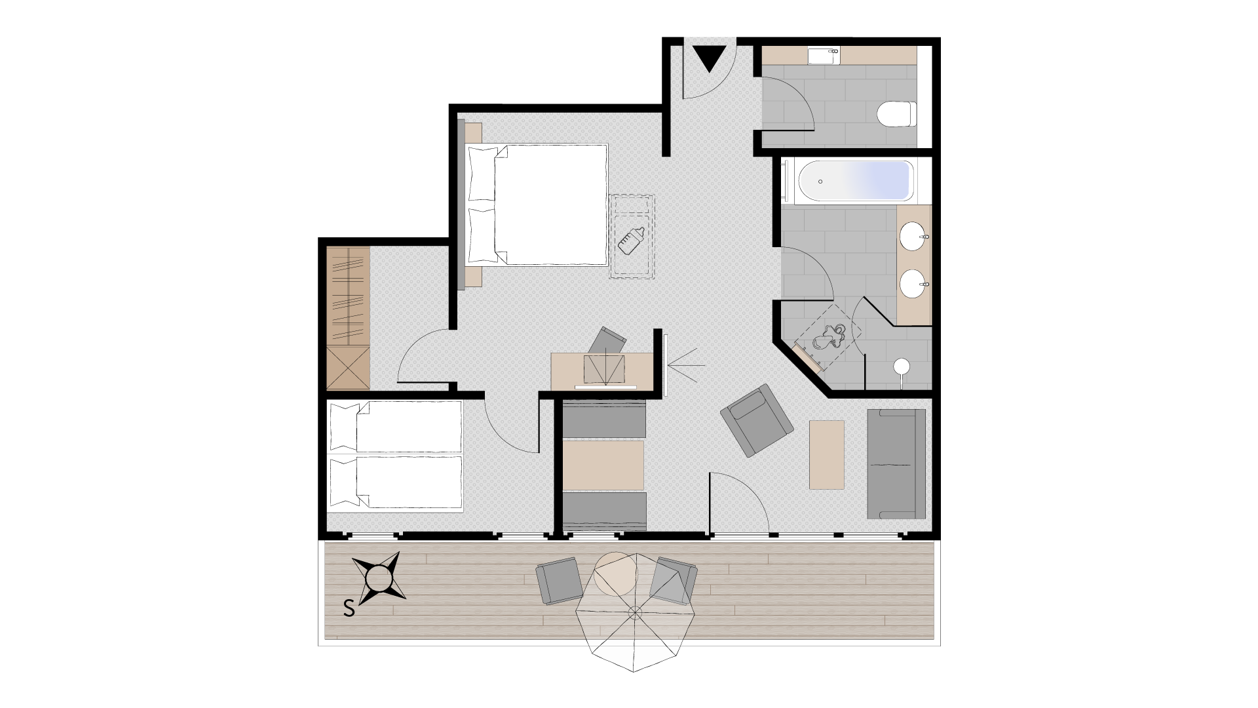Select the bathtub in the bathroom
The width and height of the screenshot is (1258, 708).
point(854,181)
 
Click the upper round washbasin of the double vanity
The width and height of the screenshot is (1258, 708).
point(913,236)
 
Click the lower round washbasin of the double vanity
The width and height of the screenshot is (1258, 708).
point(913,283)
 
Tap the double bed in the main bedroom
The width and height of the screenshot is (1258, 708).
point(536,205)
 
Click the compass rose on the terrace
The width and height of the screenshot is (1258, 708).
point(379,578)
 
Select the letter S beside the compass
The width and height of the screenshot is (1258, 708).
point(349,609)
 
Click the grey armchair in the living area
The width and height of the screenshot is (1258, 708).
point(757,420)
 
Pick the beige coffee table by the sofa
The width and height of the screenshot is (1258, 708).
point(827,454)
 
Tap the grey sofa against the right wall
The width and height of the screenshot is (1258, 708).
point(896,464)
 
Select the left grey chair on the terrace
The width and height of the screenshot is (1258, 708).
point(559,581)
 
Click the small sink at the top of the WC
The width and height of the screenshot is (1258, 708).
point(824,56)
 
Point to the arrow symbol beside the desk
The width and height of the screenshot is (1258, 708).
point(687,365)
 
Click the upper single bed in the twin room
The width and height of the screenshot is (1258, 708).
point(396,427)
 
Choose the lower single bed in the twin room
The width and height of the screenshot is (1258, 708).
point(396,482)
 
